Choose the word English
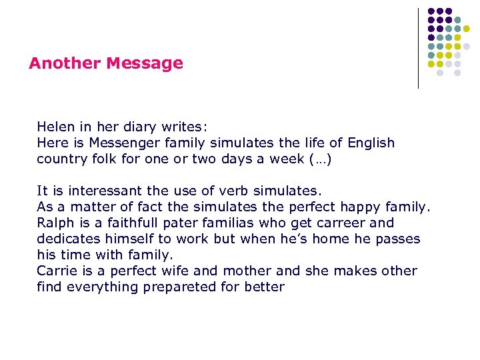[x=369, y=143]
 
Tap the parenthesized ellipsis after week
[x=321, y=159]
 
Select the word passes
[x=397, y=239]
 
